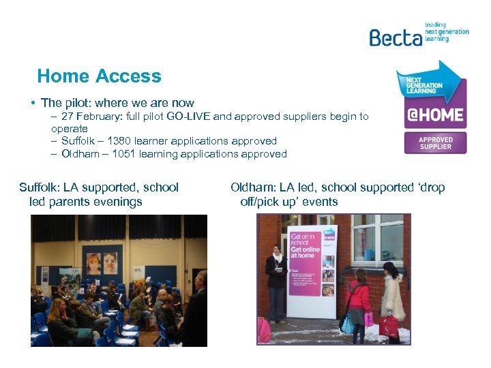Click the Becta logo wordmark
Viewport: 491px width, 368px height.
click(x=395, y=37)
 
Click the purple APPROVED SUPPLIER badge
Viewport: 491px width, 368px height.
click(x=435, y=142)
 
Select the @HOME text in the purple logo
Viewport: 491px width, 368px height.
click(x=435, y=114)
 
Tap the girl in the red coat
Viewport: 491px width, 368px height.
click(x=357, y=300)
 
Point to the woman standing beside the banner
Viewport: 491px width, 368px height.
click(x=277, y=283)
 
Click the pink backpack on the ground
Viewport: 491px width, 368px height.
click(x=264, y=331)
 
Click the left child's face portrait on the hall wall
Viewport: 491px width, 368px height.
click(x=93, y=263)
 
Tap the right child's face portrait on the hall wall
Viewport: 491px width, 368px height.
click(x=111, y=262)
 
